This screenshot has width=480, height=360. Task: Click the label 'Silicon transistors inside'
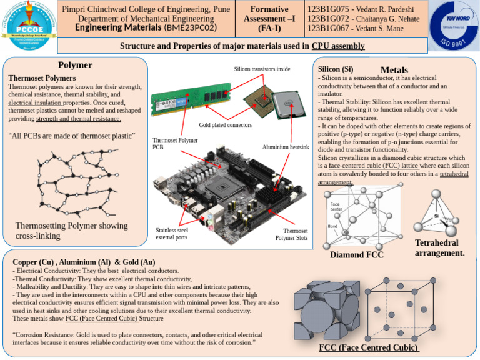(262, 69)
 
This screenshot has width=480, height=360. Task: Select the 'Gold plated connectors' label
(226, 125)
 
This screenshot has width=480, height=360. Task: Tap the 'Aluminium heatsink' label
(286, 147)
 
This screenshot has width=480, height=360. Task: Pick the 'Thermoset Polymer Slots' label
(292, 234)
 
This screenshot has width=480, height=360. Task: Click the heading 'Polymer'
(75, 65)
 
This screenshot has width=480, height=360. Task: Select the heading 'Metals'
(394, 70)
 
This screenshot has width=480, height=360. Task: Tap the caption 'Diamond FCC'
(356, 255)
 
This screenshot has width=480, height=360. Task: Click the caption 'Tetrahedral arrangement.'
(439, 248)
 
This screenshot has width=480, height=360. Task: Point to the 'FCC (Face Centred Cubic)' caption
(369, 347)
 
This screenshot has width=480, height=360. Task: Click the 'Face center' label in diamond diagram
(336, 206)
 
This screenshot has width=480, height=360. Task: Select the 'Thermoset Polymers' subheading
(42, 78)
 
